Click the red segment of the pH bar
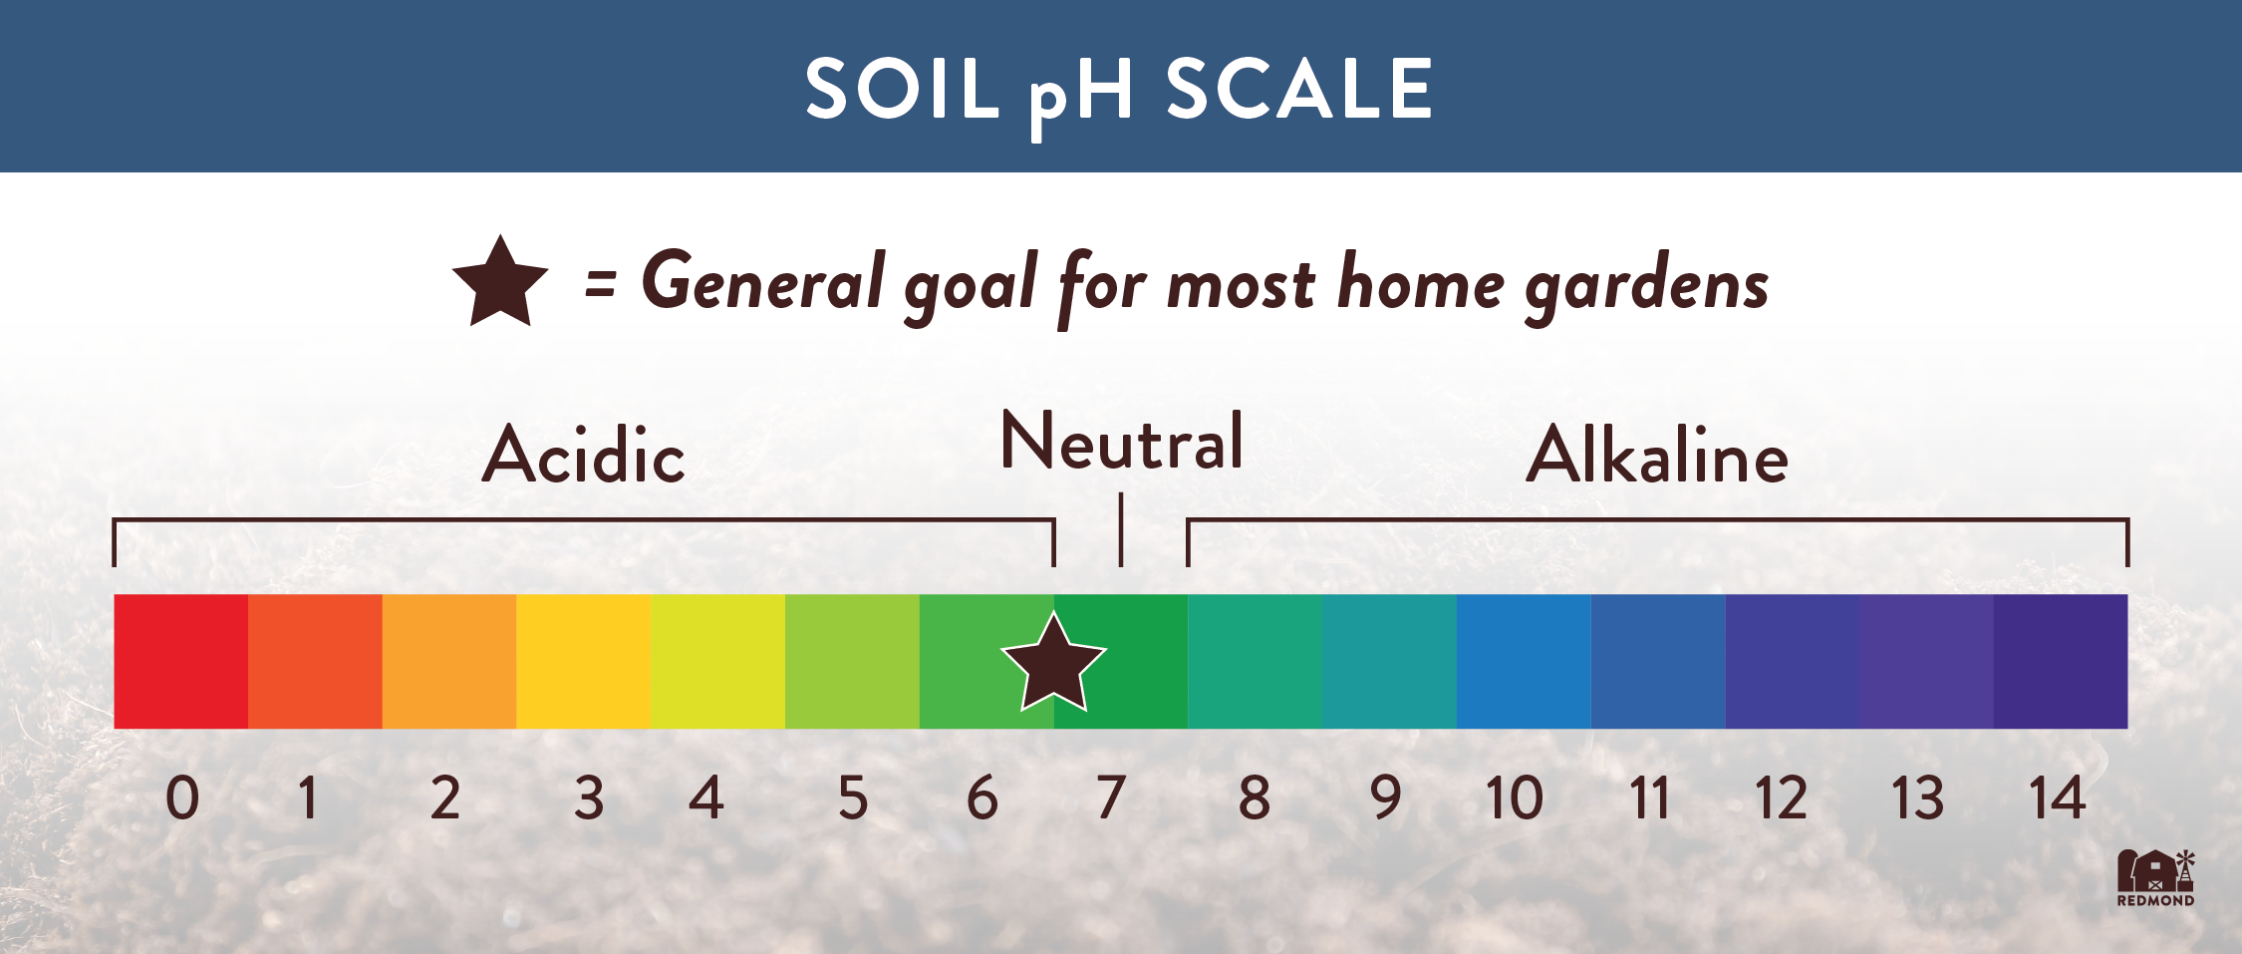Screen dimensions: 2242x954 pos(181,661)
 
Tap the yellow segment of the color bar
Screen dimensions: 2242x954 pos(584,661)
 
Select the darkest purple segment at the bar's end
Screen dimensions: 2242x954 pos(2061,661)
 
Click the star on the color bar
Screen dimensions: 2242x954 pos(1053,663)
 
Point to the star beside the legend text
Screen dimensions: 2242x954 pos(500,283)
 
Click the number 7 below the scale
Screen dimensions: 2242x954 pos(1111,797)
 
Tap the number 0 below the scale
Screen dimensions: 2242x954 pos(182,797)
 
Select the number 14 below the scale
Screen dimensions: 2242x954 pos(2057,797)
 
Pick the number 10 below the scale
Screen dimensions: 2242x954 pos(1514,797)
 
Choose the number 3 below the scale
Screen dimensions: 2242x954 pos(589,797)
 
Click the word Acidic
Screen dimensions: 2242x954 pos(584,455)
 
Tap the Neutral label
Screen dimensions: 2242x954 pos(1122,441)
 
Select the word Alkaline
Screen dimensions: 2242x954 pos(1657,455)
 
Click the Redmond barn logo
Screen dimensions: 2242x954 pos(2156,877)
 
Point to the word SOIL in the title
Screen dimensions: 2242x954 pos(902,89)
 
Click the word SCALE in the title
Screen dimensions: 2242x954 pos(1299,89)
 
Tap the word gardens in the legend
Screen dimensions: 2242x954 pos(1647,286)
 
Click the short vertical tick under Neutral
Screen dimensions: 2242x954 pos(1121,529)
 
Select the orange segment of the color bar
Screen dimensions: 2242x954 pos(449,661)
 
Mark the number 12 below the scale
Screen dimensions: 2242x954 pos(1781,797)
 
